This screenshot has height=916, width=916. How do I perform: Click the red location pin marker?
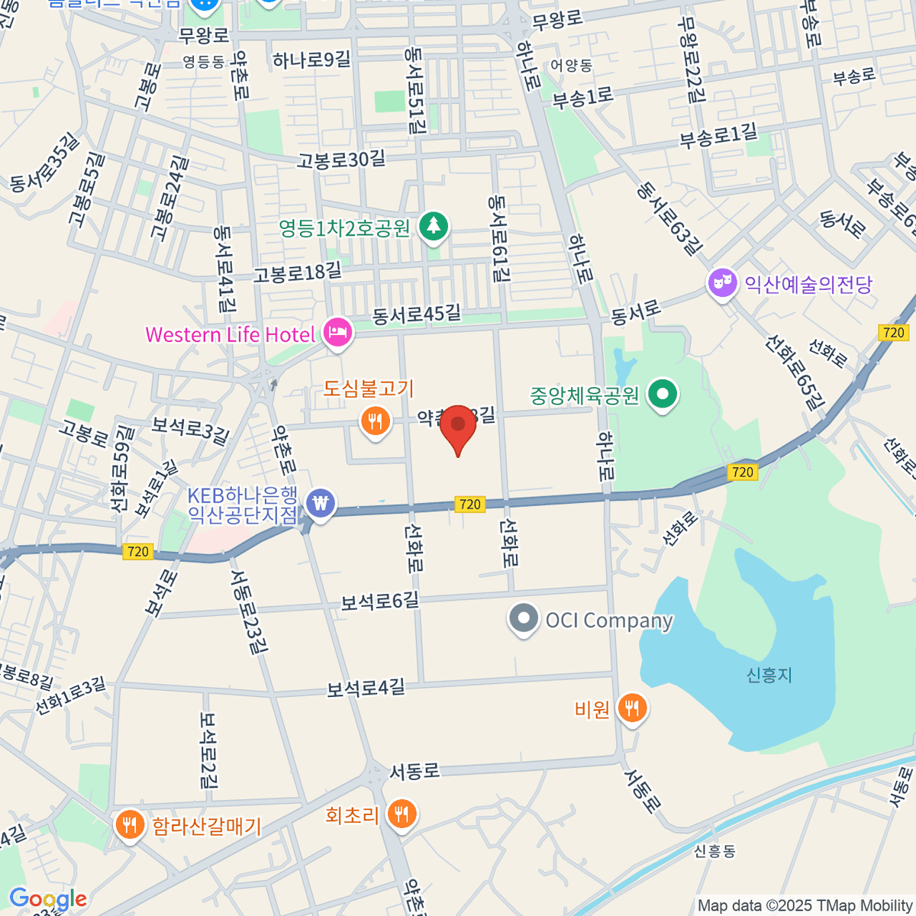458,427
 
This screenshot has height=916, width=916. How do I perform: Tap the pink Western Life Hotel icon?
337,333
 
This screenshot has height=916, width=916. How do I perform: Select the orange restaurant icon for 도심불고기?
375,421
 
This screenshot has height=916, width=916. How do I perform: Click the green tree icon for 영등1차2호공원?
434,226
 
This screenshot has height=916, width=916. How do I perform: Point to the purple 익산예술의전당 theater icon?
721,284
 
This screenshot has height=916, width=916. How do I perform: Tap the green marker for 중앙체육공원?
663,395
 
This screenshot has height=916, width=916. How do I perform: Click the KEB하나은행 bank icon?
321,504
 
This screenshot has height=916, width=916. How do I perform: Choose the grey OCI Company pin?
524,619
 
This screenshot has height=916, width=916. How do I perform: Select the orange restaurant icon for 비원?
631,709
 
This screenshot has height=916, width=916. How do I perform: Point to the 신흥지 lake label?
769,675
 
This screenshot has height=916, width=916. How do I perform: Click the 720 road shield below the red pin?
470,504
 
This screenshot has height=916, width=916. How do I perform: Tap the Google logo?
47,899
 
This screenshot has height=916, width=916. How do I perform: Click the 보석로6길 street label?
379,602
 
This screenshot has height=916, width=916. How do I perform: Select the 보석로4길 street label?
366,688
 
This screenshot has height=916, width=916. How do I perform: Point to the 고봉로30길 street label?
341,160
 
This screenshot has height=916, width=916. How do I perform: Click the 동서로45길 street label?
417,314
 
